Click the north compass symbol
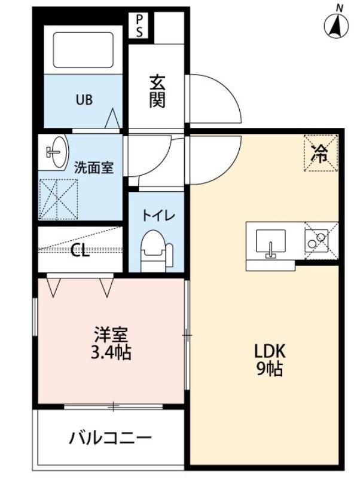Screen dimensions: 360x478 [337, 24]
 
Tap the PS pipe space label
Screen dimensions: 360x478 [139, 26]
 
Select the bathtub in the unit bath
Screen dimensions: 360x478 [83, 50]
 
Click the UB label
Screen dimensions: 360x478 [84, 100]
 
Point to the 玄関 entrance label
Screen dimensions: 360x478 [157, 91]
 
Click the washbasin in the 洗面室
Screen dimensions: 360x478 [56, 152]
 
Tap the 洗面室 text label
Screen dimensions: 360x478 [94, 168]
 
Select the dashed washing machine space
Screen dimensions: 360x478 [58, 199]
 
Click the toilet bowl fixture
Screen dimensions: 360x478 [157, 250]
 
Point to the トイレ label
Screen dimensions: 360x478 [158, 216]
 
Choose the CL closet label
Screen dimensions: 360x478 [80, 252]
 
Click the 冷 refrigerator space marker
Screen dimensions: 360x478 [321, 153]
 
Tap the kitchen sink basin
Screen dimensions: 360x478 [271, 241]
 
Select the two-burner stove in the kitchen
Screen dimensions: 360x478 [316, 241]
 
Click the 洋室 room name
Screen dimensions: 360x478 [110, 335]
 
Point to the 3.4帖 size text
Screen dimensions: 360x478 [111, 353]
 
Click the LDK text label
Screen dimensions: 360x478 [270, 351]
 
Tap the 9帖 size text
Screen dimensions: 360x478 [269, 369]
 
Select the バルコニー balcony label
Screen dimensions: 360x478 [111, 439]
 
